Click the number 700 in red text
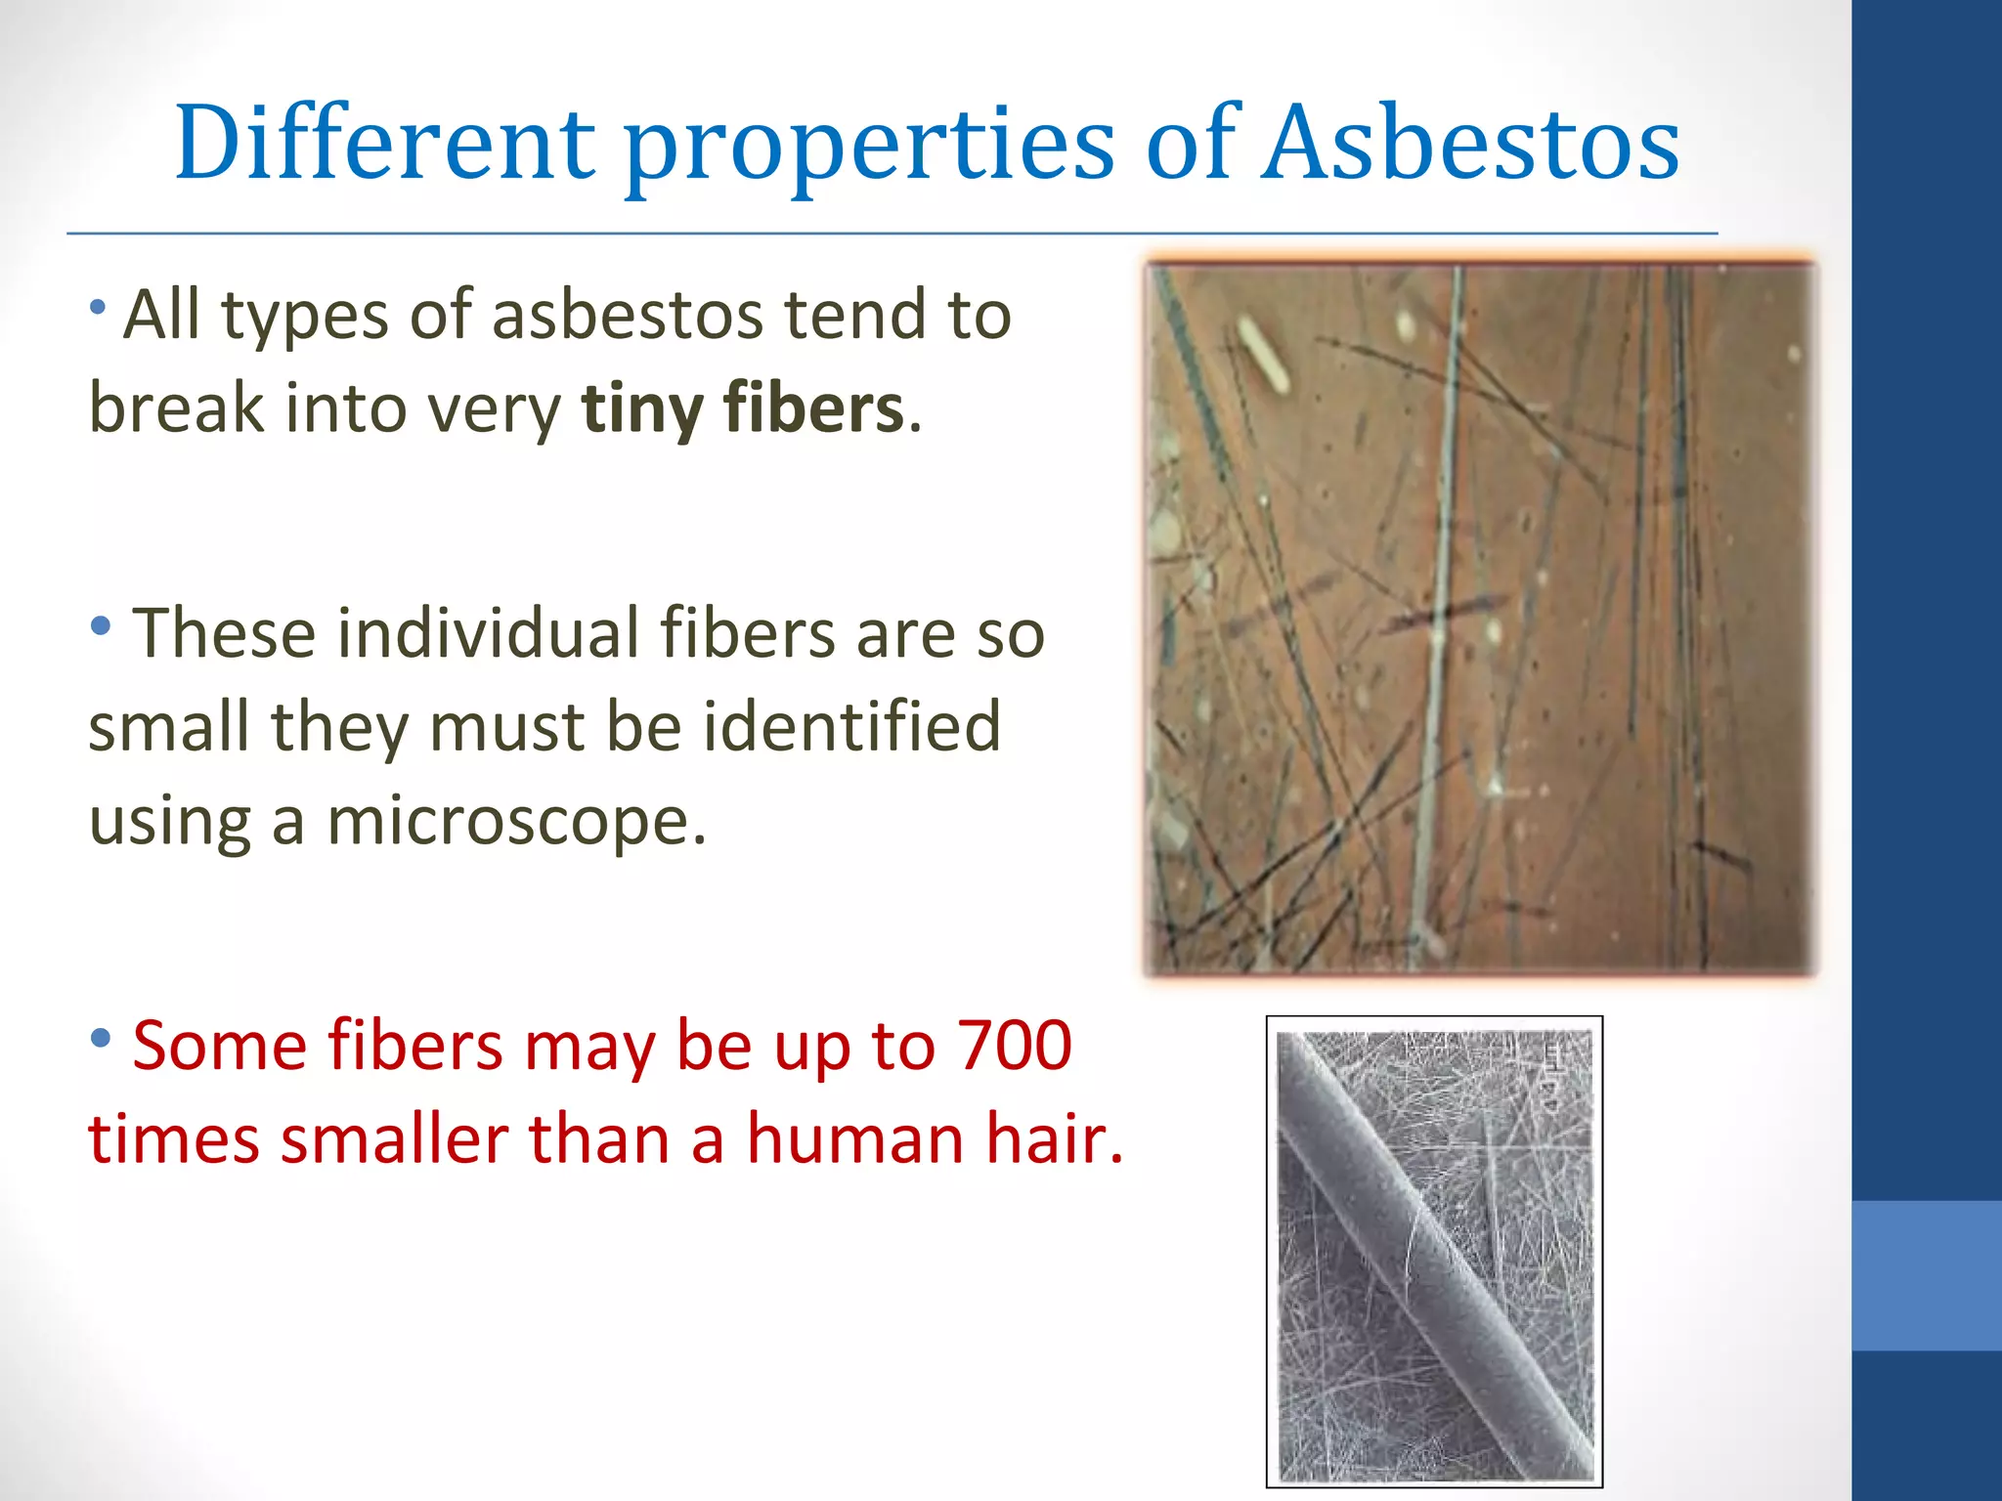pos(1015,1046)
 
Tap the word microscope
pos(515,821)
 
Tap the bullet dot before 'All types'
pos(97,308)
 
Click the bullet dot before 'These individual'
pos(100,626)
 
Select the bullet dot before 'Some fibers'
pos(100,1038)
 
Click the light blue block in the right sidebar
pos(1926,1275)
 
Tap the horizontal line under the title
pos(892,234)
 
